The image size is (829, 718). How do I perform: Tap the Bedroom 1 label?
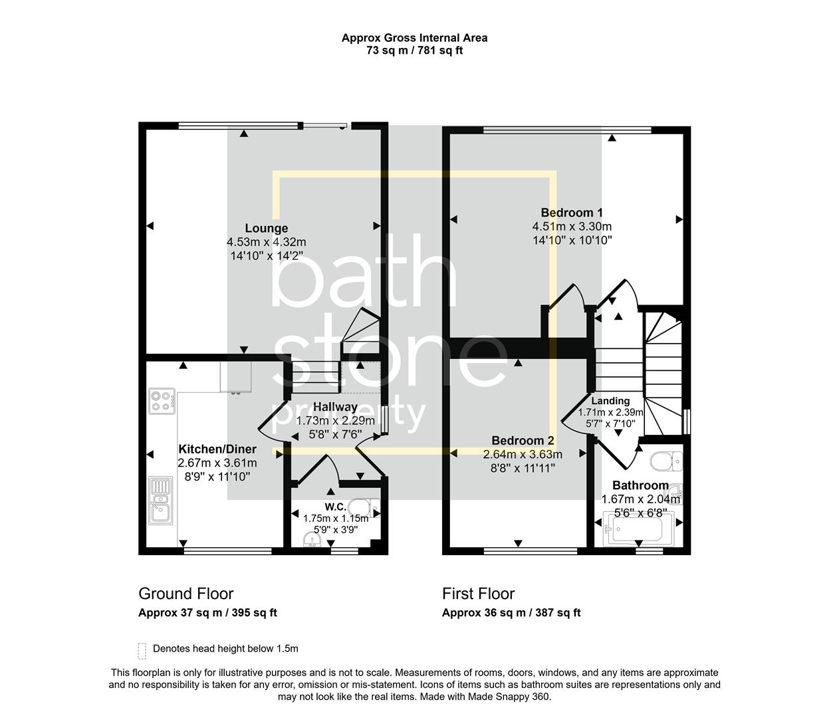tap(571, 213)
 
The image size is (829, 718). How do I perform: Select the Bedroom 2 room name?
tap(523, 440)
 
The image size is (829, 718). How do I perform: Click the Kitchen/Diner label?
tap(217, 449)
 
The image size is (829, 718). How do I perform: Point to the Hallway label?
tap(335, 406)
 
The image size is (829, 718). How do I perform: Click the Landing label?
tap(610, 401)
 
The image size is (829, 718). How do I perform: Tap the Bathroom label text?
tap(640, 485)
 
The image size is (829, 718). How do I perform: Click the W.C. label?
tap(335, 507)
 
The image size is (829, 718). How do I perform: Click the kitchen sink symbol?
tap(160, 500)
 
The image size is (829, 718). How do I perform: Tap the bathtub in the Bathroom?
tap(637, 530)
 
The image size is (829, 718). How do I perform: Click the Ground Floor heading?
tap(185, 594)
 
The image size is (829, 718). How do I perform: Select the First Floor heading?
tap(478, 594)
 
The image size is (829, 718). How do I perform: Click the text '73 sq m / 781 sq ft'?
tap(414, 51)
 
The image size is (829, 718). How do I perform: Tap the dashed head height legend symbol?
tap(142, 650)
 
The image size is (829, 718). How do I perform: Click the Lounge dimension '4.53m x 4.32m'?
tap(266, 242)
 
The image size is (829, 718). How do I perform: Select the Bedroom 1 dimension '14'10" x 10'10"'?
tap(572, 240)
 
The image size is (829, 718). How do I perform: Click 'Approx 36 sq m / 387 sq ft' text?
tap(511, 613)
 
